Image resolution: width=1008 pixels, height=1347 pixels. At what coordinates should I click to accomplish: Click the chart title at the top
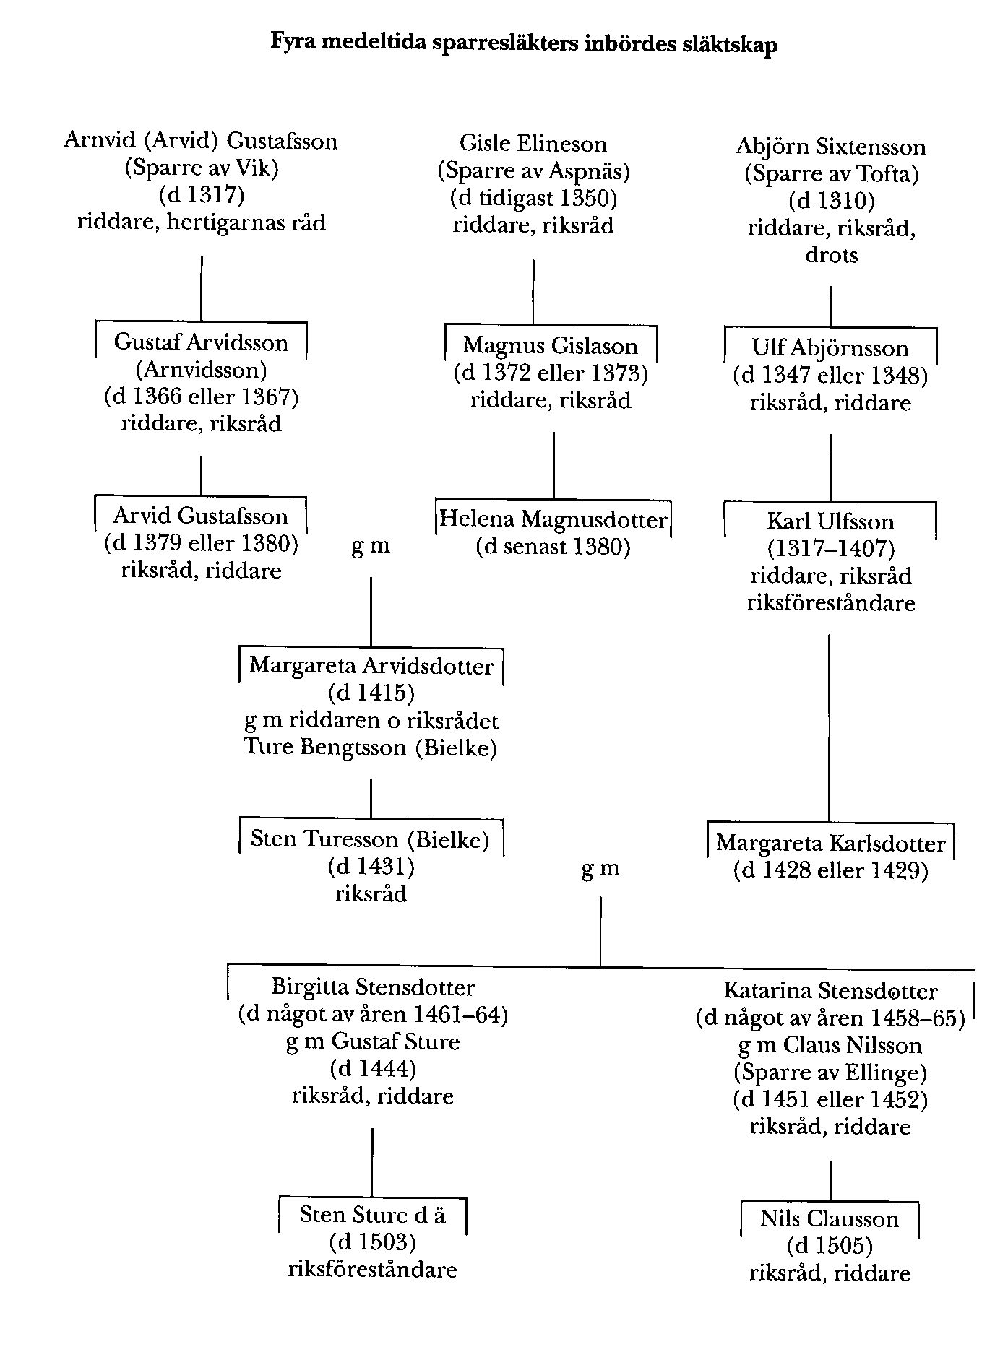(524, 44)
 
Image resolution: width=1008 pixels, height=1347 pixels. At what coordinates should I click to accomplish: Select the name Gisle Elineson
(533, 144)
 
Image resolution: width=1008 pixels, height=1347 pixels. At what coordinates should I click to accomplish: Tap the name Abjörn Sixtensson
(830, 147)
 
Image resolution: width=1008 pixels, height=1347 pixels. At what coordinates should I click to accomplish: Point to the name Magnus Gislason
(551, 346)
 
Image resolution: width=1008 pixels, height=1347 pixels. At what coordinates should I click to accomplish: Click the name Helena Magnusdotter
(553, 519)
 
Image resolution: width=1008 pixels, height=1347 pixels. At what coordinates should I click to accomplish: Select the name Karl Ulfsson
(830, 521)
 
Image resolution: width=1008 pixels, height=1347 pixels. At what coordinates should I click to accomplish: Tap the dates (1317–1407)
(831, 549)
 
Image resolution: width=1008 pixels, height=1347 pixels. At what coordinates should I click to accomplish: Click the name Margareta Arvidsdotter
(371, 665)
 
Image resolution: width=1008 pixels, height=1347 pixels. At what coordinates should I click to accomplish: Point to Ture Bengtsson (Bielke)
(371, 747)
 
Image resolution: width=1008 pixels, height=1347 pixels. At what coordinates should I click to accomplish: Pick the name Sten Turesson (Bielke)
(370, 839)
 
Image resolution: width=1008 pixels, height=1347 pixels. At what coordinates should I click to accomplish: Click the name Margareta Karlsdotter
(830, 843)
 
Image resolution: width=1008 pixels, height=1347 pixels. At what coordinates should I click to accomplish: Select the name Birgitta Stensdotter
(373, 987)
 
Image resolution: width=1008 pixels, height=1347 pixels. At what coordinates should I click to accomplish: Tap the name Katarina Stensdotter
(830, 991)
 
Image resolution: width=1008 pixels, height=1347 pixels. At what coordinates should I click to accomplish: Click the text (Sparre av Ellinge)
(830, 1073)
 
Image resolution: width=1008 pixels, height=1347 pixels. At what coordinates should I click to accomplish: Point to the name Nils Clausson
(830, 1219)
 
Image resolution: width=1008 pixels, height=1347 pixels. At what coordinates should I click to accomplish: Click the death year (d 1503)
(372, 1242)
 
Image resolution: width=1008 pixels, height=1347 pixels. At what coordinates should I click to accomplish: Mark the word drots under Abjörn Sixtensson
(831, 255)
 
